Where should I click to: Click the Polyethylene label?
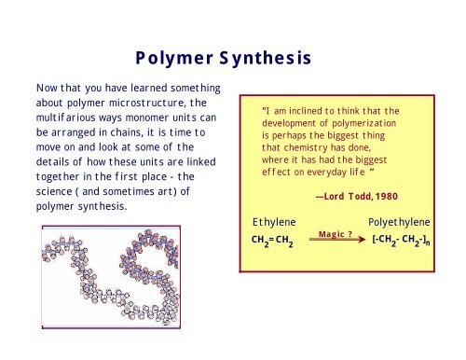click(400, 223)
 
